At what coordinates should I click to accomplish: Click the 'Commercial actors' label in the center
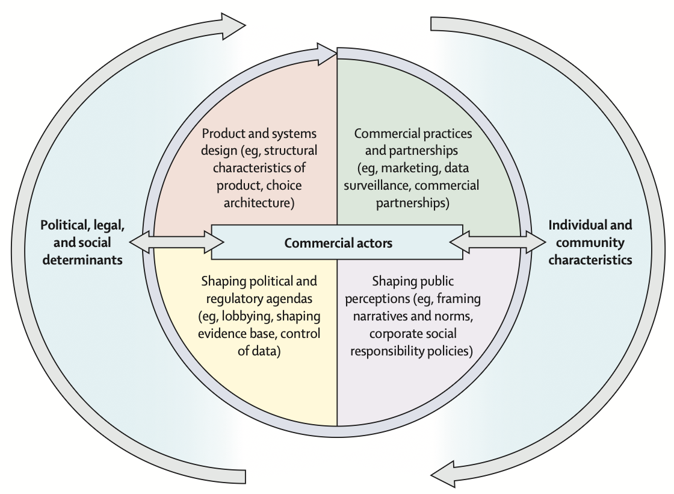(338, 243)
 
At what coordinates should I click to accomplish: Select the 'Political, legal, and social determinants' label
(82, 242)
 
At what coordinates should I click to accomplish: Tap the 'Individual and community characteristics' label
(590, 242)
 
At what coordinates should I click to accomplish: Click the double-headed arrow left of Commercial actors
(176, 242)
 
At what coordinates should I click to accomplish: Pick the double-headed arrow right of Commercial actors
(498, 242)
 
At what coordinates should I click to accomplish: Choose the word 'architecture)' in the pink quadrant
(259, 202)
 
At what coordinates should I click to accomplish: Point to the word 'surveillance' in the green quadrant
(375, 186)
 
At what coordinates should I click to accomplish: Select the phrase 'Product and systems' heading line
(259, 133)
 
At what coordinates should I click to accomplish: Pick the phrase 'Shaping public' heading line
(412, 281)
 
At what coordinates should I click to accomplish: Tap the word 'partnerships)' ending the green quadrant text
(413, 203)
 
